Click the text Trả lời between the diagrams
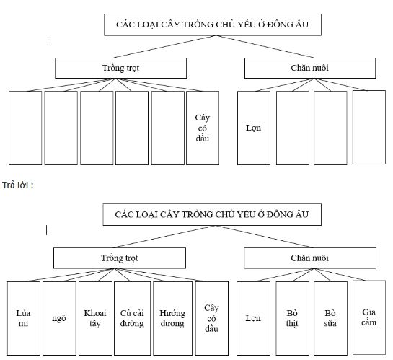[x=18, y=185]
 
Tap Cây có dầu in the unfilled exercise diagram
[x=202, y=128]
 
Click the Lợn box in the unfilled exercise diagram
[x=254, y=128]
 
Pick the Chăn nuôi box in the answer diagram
[x=310, y=258]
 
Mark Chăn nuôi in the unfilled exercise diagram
[x=310, y=69]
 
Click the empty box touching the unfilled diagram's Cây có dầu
[x=168, y=128]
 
